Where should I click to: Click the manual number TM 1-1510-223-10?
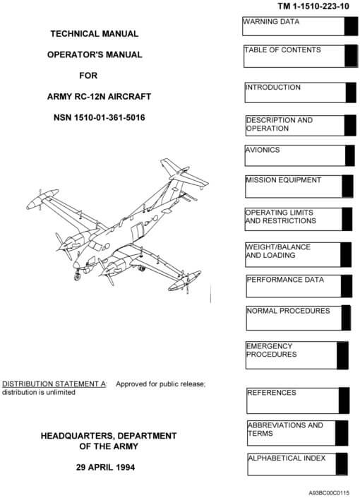coord(313,6)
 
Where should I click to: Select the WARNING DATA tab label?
coord(271,22)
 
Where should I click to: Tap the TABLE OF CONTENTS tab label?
coord(282,50)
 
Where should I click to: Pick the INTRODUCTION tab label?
coord(273,88)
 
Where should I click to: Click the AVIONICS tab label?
coord(263,150)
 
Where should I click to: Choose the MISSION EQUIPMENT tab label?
coord(284,180)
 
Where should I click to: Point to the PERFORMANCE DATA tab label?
coord(285,280)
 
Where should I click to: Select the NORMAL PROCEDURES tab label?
coord(289,311)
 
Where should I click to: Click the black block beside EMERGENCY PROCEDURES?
coord(342,355)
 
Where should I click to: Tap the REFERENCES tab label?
coord(272,393)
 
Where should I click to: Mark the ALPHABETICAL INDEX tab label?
coord(287,458)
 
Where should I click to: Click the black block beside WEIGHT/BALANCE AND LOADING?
coord(346,255)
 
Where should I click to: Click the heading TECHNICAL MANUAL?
coord(95,34)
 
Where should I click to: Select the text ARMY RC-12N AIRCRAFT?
coord(99,97)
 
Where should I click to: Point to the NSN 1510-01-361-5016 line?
coord(100,117)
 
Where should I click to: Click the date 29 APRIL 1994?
coord(105,467)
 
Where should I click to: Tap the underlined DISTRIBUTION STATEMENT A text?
coord(54,384)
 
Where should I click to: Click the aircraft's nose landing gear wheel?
coord(77,277)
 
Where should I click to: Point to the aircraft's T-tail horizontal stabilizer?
coord(184,173)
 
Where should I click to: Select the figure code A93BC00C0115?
coord(329,492)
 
